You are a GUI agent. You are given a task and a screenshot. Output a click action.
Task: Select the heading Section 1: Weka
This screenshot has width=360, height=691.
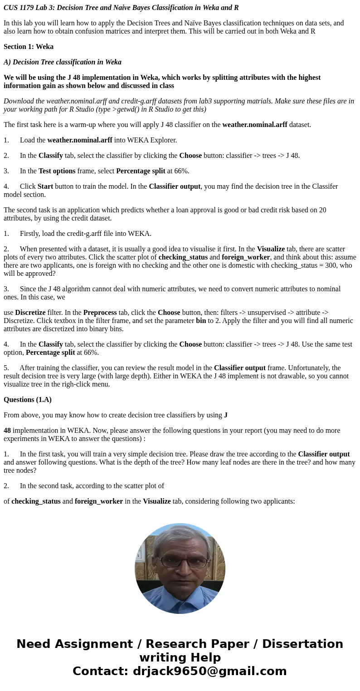coord(29,47)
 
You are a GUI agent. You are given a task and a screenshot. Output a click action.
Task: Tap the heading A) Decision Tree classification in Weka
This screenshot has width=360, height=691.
coord(63,62)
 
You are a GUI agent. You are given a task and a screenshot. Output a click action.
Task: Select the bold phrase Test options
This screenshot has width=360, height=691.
coord(57,171)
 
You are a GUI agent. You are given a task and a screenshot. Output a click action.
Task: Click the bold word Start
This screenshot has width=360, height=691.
coord(45,186)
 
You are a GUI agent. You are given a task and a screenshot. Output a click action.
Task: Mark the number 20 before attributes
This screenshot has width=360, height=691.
coord(322,210)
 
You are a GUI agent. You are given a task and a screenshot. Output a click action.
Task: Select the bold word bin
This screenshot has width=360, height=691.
coord(201,321)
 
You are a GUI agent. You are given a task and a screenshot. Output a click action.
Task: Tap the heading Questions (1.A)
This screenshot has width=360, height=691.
coord(28,400)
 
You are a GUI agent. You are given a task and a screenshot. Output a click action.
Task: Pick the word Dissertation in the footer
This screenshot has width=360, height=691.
coord(302,644)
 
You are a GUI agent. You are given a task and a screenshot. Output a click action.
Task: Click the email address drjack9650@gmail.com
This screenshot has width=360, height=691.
coord(209,671)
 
